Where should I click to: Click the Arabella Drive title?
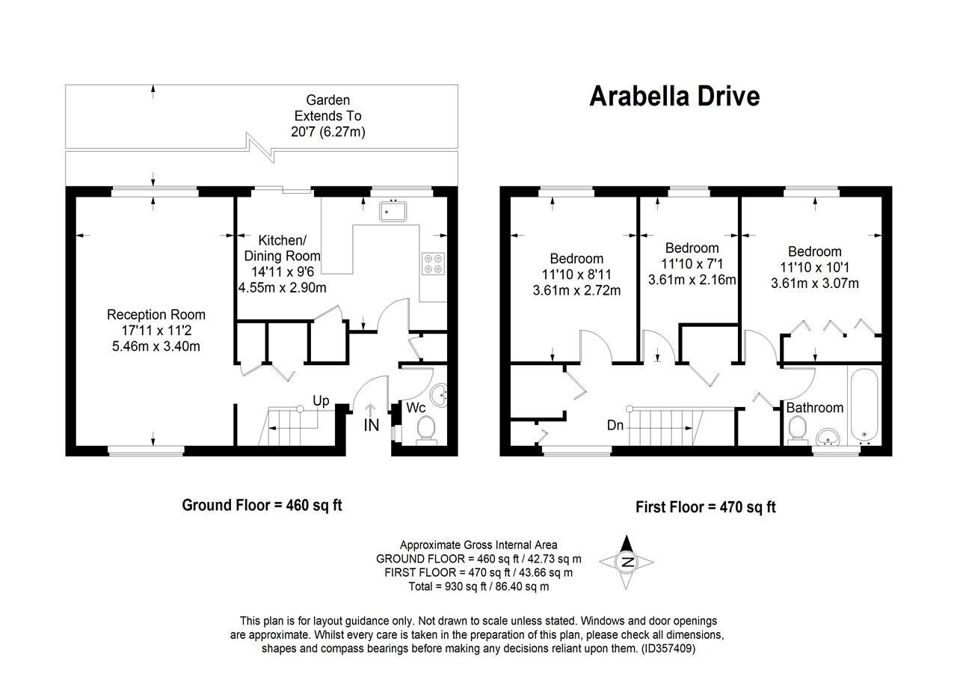click(x=674, y=97)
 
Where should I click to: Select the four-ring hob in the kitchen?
click(x=432, y=263)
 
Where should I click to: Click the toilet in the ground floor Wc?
click(x=426, y=429)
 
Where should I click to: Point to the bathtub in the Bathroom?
click(x=864, y=403)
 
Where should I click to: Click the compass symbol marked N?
click(x=627, y=562)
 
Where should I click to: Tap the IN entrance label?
click(x=372, y=426)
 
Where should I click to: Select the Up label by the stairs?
click(x=321, y=401)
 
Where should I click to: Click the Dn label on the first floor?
click(x=615, y=426)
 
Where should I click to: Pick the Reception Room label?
click(x=156, y=314)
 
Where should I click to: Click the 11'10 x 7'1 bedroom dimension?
click(x=692, y=264)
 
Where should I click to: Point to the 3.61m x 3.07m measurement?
click(x=814, y=283)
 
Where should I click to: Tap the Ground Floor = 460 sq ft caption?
click(x=262, y=505)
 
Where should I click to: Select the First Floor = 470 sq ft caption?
click(x=706, y=507)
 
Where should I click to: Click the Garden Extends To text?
click(x=327, y=108)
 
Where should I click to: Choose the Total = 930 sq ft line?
click(x=478, y=586)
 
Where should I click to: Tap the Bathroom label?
click(x=814, y=408)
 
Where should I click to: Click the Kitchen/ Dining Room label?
click(x=282, y=248)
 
